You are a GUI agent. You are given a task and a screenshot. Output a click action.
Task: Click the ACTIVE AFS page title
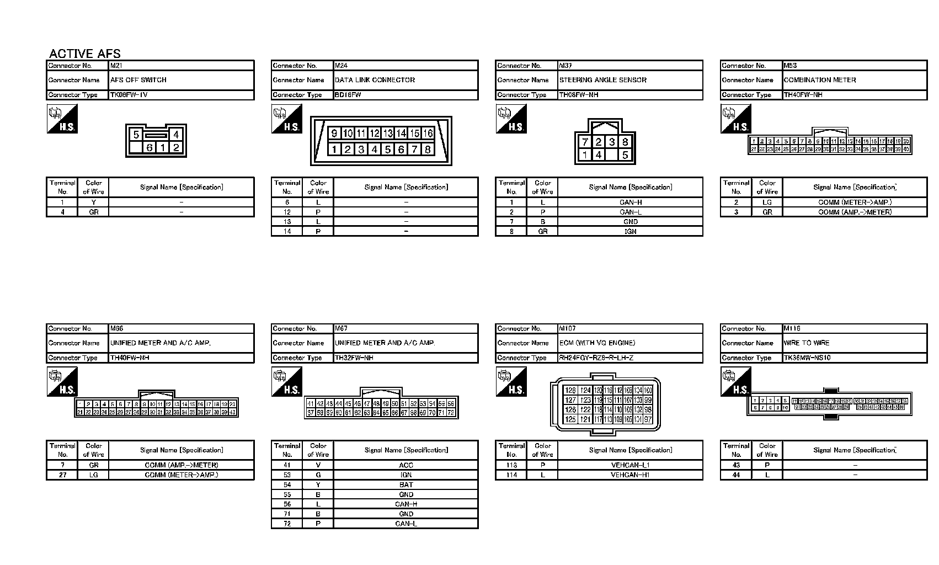84,54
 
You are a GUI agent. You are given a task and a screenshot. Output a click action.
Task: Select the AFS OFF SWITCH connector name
138,80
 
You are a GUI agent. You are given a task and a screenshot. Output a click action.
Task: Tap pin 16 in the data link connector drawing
428,133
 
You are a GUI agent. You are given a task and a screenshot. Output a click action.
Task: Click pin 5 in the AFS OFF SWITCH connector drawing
136,134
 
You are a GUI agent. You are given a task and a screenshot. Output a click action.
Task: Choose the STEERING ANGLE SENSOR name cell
602,80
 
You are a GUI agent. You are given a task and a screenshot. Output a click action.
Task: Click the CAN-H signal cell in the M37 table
630,202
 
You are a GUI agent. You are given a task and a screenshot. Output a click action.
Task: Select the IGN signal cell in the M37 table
630,232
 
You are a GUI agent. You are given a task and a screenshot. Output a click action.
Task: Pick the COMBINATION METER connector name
820,80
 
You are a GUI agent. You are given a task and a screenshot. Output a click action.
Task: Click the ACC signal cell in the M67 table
406,465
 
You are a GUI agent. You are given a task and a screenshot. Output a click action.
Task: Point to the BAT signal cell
406,485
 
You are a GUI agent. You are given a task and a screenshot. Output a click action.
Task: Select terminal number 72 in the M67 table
287,524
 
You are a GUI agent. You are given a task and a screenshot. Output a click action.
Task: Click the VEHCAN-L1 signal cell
630,465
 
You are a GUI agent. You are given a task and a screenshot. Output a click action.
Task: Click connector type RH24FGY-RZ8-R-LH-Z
596,358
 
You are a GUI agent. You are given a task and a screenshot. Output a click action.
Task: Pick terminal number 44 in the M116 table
736,475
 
